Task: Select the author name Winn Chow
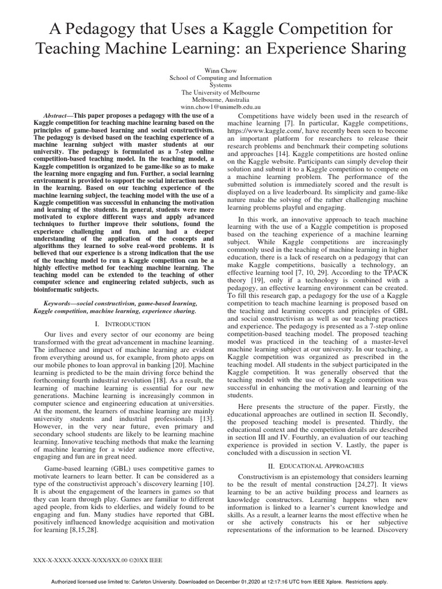(x=222, y=68)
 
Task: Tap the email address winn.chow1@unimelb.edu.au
(x=221, y=107)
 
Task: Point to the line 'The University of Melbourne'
(x=221, y=92)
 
